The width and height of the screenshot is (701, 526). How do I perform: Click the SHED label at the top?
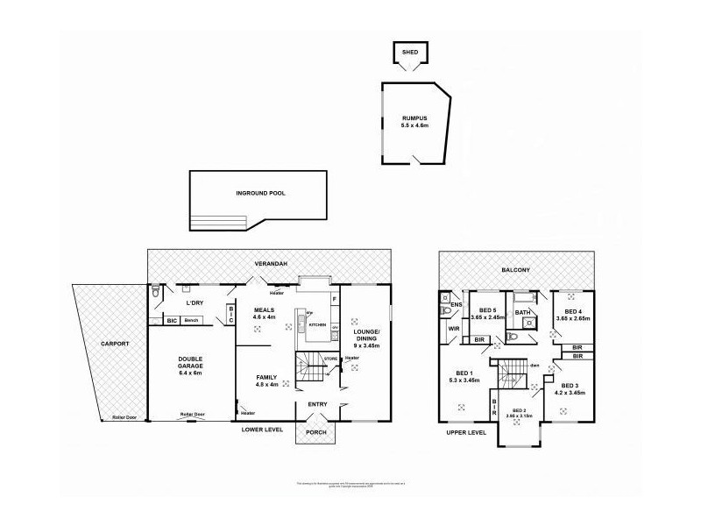tap(409, 53)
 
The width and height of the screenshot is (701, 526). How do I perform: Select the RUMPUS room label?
tap(414, 117)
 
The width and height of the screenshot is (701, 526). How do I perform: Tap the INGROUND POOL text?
tap(261, 194)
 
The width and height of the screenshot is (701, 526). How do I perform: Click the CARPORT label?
tap(115, 344)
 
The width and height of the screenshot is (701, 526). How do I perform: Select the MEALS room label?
tap(265, 309)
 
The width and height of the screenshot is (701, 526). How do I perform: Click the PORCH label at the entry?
tap(315, 432)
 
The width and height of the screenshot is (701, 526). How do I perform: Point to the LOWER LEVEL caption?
tap(264, 430)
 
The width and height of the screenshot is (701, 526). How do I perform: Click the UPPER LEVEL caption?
tap(464, 432)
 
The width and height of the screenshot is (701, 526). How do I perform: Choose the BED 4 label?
tap(571, 311)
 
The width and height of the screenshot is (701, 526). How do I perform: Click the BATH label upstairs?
tap(523, 312)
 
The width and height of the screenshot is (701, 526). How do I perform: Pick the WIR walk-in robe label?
tap(453, 329)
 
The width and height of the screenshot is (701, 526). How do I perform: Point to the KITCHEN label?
tap(317, 324)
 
